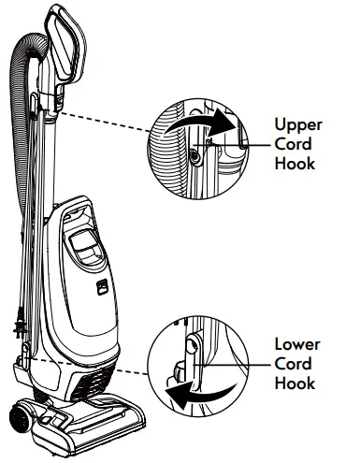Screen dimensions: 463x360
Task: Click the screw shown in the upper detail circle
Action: pyautogui.click(x=193, y=156)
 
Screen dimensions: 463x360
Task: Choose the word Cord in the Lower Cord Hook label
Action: pyautogui.click(x=292, y=363)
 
